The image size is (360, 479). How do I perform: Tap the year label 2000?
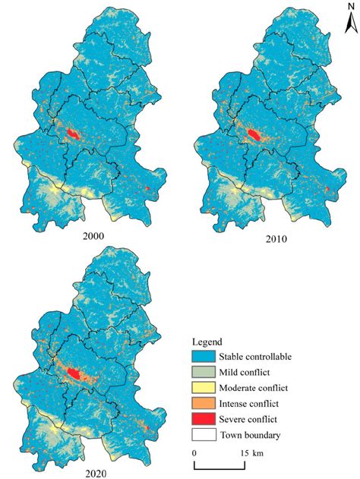coord(94,236)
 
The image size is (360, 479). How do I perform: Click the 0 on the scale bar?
coord(195,452)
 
